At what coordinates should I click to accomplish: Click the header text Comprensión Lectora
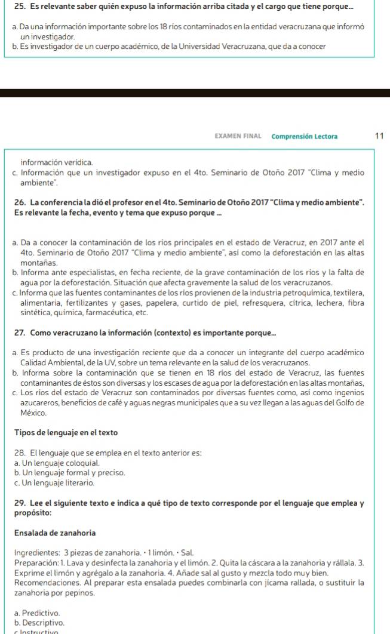(x=304, y=136)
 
